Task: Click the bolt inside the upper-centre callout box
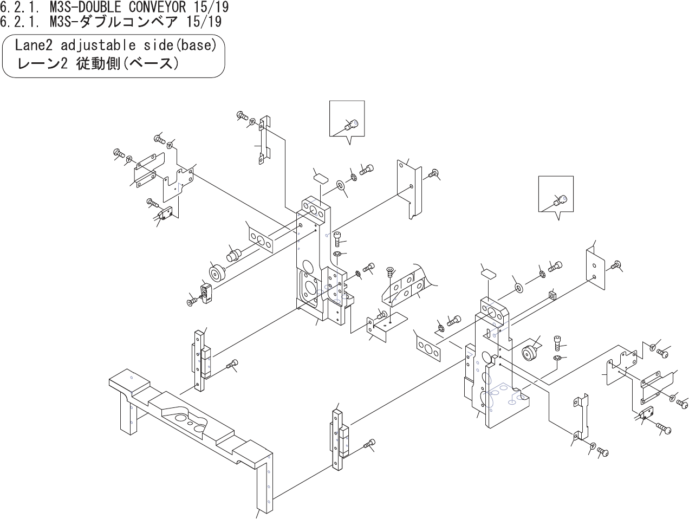point(352,125)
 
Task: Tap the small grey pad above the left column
point(321,177)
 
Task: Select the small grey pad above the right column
point(489,273)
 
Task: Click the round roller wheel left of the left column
point(217,273)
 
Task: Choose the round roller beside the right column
point(528,353)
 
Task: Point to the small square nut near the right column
point(552,295)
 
